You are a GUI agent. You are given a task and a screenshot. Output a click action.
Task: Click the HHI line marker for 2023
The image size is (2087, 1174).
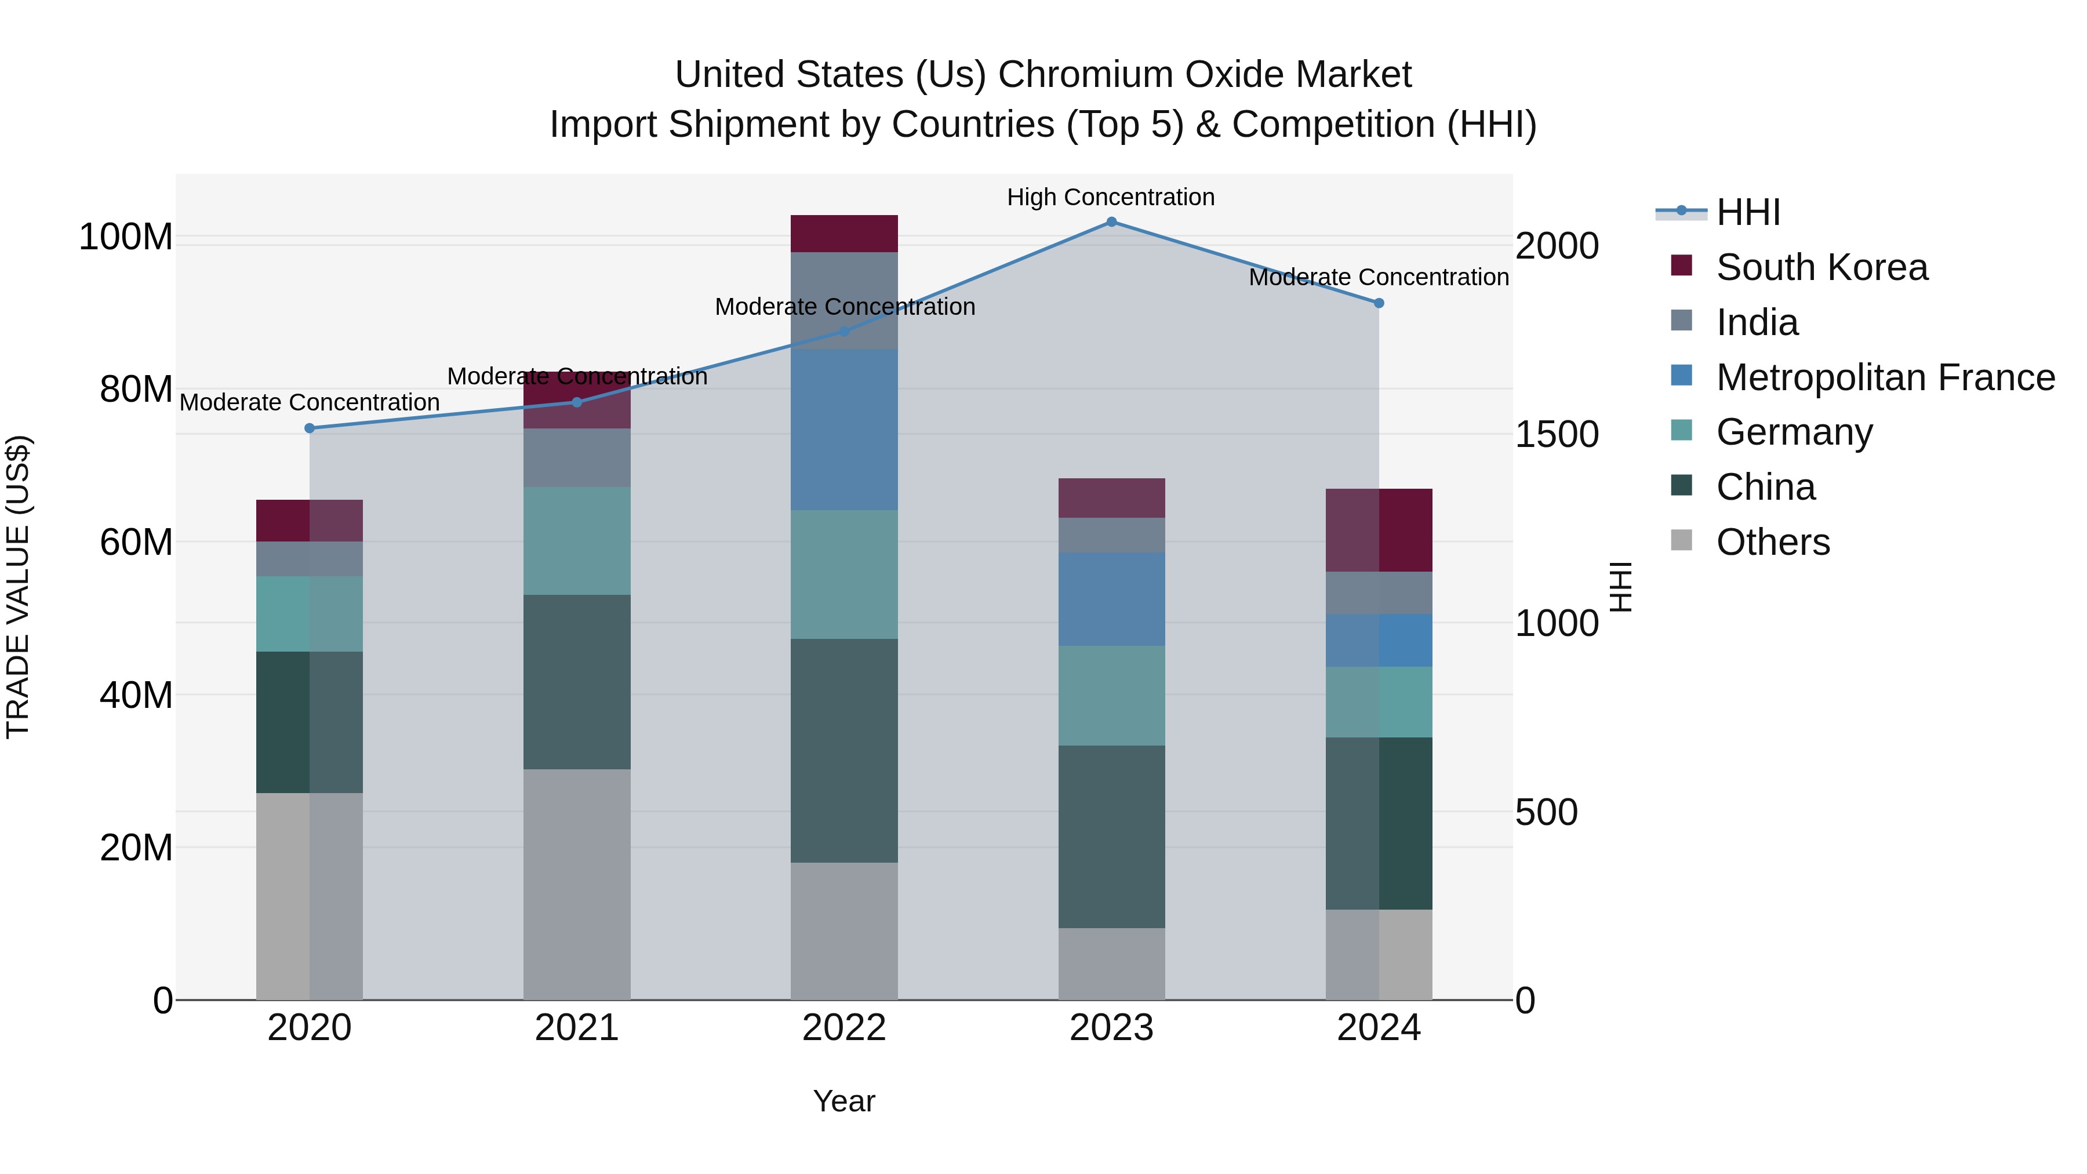pos(1111,222)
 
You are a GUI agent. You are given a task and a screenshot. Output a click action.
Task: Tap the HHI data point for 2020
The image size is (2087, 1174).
pos(310,428)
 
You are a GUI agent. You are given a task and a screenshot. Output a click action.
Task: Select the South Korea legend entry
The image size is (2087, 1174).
pos(1821,267)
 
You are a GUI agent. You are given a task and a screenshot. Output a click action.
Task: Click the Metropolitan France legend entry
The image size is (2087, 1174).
pos(1885,377)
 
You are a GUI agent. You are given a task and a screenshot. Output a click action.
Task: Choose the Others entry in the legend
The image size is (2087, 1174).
pos(1773,542)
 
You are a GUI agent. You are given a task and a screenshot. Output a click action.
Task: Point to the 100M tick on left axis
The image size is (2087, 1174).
pos(126,237)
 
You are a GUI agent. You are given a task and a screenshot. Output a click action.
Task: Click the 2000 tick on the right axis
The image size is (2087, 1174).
pos(1557,246)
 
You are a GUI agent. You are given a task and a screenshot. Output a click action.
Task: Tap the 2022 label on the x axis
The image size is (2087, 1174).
pos(844,1028)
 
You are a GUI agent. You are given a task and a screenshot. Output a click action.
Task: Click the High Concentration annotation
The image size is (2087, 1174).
pos(1111,197)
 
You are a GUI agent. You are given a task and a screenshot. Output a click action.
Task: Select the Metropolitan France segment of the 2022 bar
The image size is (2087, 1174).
pos(844,430)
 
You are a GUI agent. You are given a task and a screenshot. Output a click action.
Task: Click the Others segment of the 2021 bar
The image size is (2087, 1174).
pos(577,884)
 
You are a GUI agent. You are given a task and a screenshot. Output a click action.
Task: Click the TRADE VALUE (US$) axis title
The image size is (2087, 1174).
pos(18,587)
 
